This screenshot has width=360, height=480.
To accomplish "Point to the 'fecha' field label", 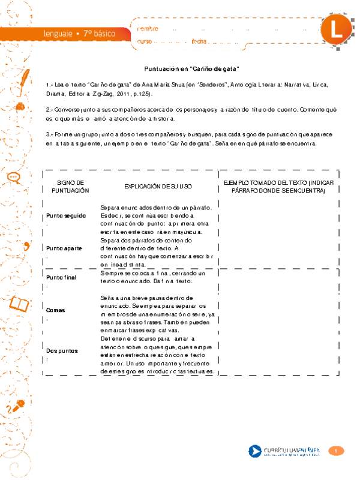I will tap(199, 41).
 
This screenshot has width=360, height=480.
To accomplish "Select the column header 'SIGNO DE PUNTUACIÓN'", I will tap(70, 186).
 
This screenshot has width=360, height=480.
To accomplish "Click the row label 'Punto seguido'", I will tap(66, 215).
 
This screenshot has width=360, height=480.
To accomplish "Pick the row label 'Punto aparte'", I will tap(64, 247).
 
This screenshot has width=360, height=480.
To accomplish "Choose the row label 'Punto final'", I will tap(62, 277).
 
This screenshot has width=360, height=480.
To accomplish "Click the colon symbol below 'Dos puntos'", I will tap(47, 360).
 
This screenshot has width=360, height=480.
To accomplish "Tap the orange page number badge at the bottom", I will tap(337, 451).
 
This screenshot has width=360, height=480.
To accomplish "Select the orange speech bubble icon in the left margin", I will tap(14, 178).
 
